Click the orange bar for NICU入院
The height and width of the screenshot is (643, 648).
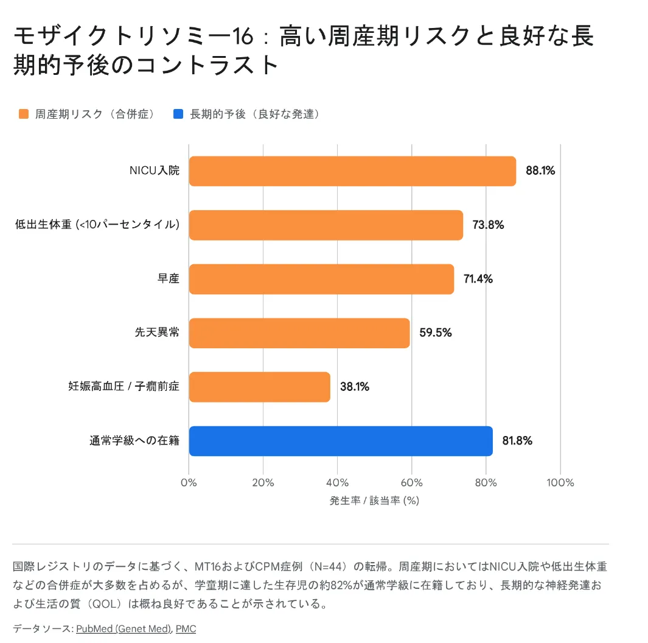(x=352, y=171)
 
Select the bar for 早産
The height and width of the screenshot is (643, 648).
(x=321, y=279)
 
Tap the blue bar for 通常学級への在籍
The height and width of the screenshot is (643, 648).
(x=340, y=441)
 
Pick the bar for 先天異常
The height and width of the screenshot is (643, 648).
(x=299, y=332)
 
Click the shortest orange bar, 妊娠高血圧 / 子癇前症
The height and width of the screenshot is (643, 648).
(x=259, y=387)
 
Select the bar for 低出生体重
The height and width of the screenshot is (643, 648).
(x=326, y=225)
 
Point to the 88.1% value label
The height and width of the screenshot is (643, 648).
(x=540, y=171)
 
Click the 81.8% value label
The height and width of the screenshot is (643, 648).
(x=517, y=441)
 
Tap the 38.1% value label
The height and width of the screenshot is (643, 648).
(x=354, y=387)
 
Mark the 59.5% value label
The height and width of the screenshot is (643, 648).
(x=435, y=332)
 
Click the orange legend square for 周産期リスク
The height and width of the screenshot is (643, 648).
(x=24, y=114)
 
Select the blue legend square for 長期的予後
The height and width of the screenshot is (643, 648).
(x=178, y=114)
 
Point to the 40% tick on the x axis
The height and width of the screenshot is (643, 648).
(x=337, y=483)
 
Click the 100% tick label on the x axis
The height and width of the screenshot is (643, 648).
(x=560, y=483)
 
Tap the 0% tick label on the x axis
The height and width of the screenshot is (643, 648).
(x=189, y=483)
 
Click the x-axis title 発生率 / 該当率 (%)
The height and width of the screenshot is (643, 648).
(x=374, y=501)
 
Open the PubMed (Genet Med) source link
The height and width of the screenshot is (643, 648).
(x=124, y=629)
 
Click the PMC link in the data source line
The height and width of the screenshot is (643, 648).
(x=186, y=629)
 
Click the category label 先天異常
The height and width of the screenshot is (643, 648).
(x=157, y=332)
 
